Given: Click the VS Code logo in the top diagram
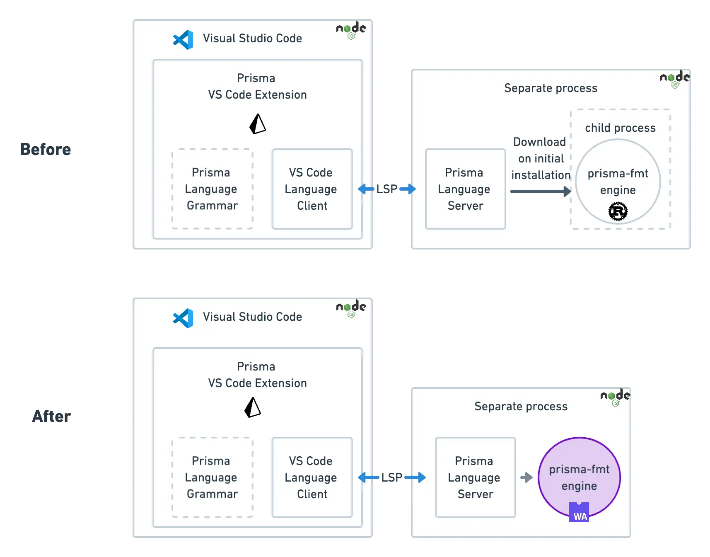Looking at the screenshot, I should (183, 40).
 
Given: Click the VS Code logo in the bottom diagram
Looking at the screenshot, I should (183, 318).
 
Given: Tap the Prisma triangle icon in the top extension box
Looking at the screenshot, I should (258, 124).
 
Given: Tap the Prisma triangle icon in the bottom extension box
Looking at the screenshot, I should (253, 407).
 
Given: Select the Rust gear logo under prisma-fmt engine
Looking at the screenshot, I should (618, 211).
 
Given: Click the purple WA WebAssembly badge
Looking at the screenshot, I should (579, 512).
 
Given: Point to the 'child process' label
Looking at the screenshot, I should (620, 128).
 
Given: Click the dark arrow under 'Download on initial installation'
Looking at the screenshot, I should (541, 191).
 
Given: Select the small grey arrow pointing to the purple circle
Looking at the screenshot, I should (526, 477).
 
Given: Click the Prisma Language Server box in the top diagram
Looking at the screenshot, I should (465, 189).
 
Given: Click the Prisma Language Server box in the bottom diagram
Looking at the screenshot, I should (475, 477).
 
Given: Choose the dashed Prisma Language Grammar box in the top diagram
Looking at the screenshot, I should (213, 189).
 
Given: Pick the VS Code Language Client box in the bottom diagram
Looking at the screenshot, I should (312, 477).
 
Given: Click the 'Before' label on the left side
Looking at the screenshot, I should (46, 149).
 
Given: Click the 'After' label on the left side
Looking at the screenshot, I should (52, 416).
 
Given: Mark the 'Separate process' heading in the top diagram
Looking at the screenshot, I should (551, 88).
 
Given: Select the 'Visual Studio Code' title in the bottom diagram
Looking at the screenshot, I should (252, 317).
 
